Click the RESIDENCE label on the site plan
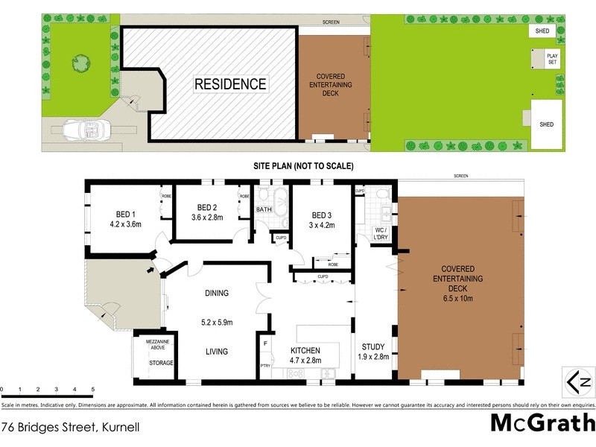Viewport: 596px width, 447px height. (x=230, y=84)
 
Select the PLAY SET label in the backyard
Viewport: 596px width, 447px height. (x=552, y=58)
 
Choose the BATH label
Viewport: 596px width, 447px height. (x=264, y=210)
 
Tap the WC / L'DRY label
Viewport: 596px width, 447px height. (x=381, y=233)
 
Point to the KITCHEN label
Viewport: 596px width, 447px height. (x=305, y=350)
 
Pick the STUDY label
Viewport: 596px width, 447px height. (x=372, y=346)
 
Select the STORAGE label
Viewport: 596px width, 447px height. (x=160, y=363)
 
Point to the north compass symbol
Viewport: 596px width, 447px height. (x=577, y=382)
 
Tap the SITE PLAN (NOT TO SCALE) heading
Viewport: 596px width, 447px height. (x=302, y=165)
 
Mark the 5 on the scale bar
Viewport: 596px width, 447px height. (x=92, y=389)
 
